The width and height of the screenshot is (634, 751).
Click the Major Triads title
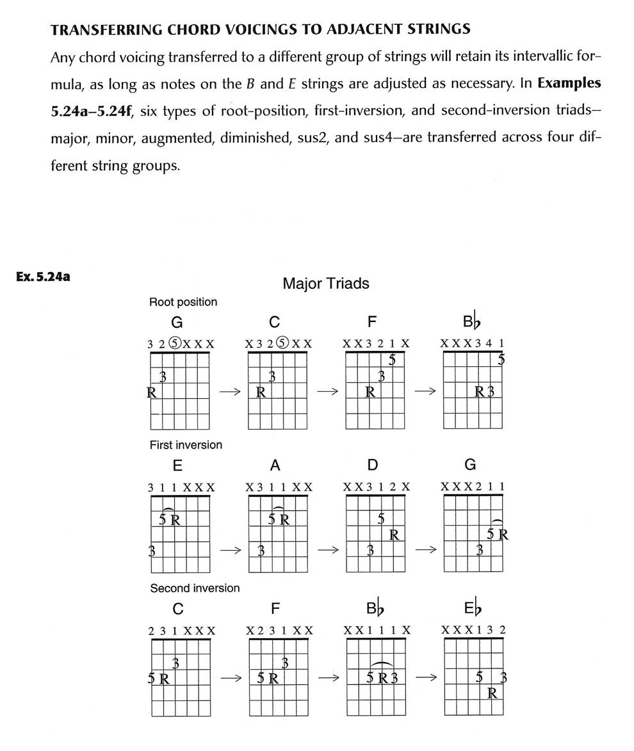(325, 283)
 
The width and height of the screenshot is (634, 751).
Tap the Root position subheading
(183, 302)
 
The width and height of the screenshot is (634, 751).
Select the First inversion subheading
(186, 444)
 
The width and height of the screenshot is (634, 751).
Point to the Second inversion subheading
(195, 588)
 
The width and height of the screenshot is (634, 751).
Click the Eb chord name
(471, 609)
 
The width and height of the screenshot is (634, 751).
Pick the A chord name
(275, 465)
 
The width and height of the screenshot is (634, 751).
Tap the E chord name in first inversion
(177, 465)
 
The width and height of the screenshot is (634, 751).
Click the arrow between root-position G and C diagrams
(229, 392)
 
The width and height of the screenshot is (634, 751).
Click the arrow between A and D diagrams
(327, 549)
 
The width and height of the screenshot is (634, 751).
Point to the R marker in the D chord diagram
(394, 534)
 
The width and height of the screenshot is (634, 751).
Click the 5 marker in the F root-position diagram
(392, 360)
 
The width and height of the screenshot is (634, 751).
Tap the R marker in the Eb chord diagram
(492, 692)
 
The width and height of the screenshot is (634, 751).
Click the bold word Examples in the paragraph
(569, 83)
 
